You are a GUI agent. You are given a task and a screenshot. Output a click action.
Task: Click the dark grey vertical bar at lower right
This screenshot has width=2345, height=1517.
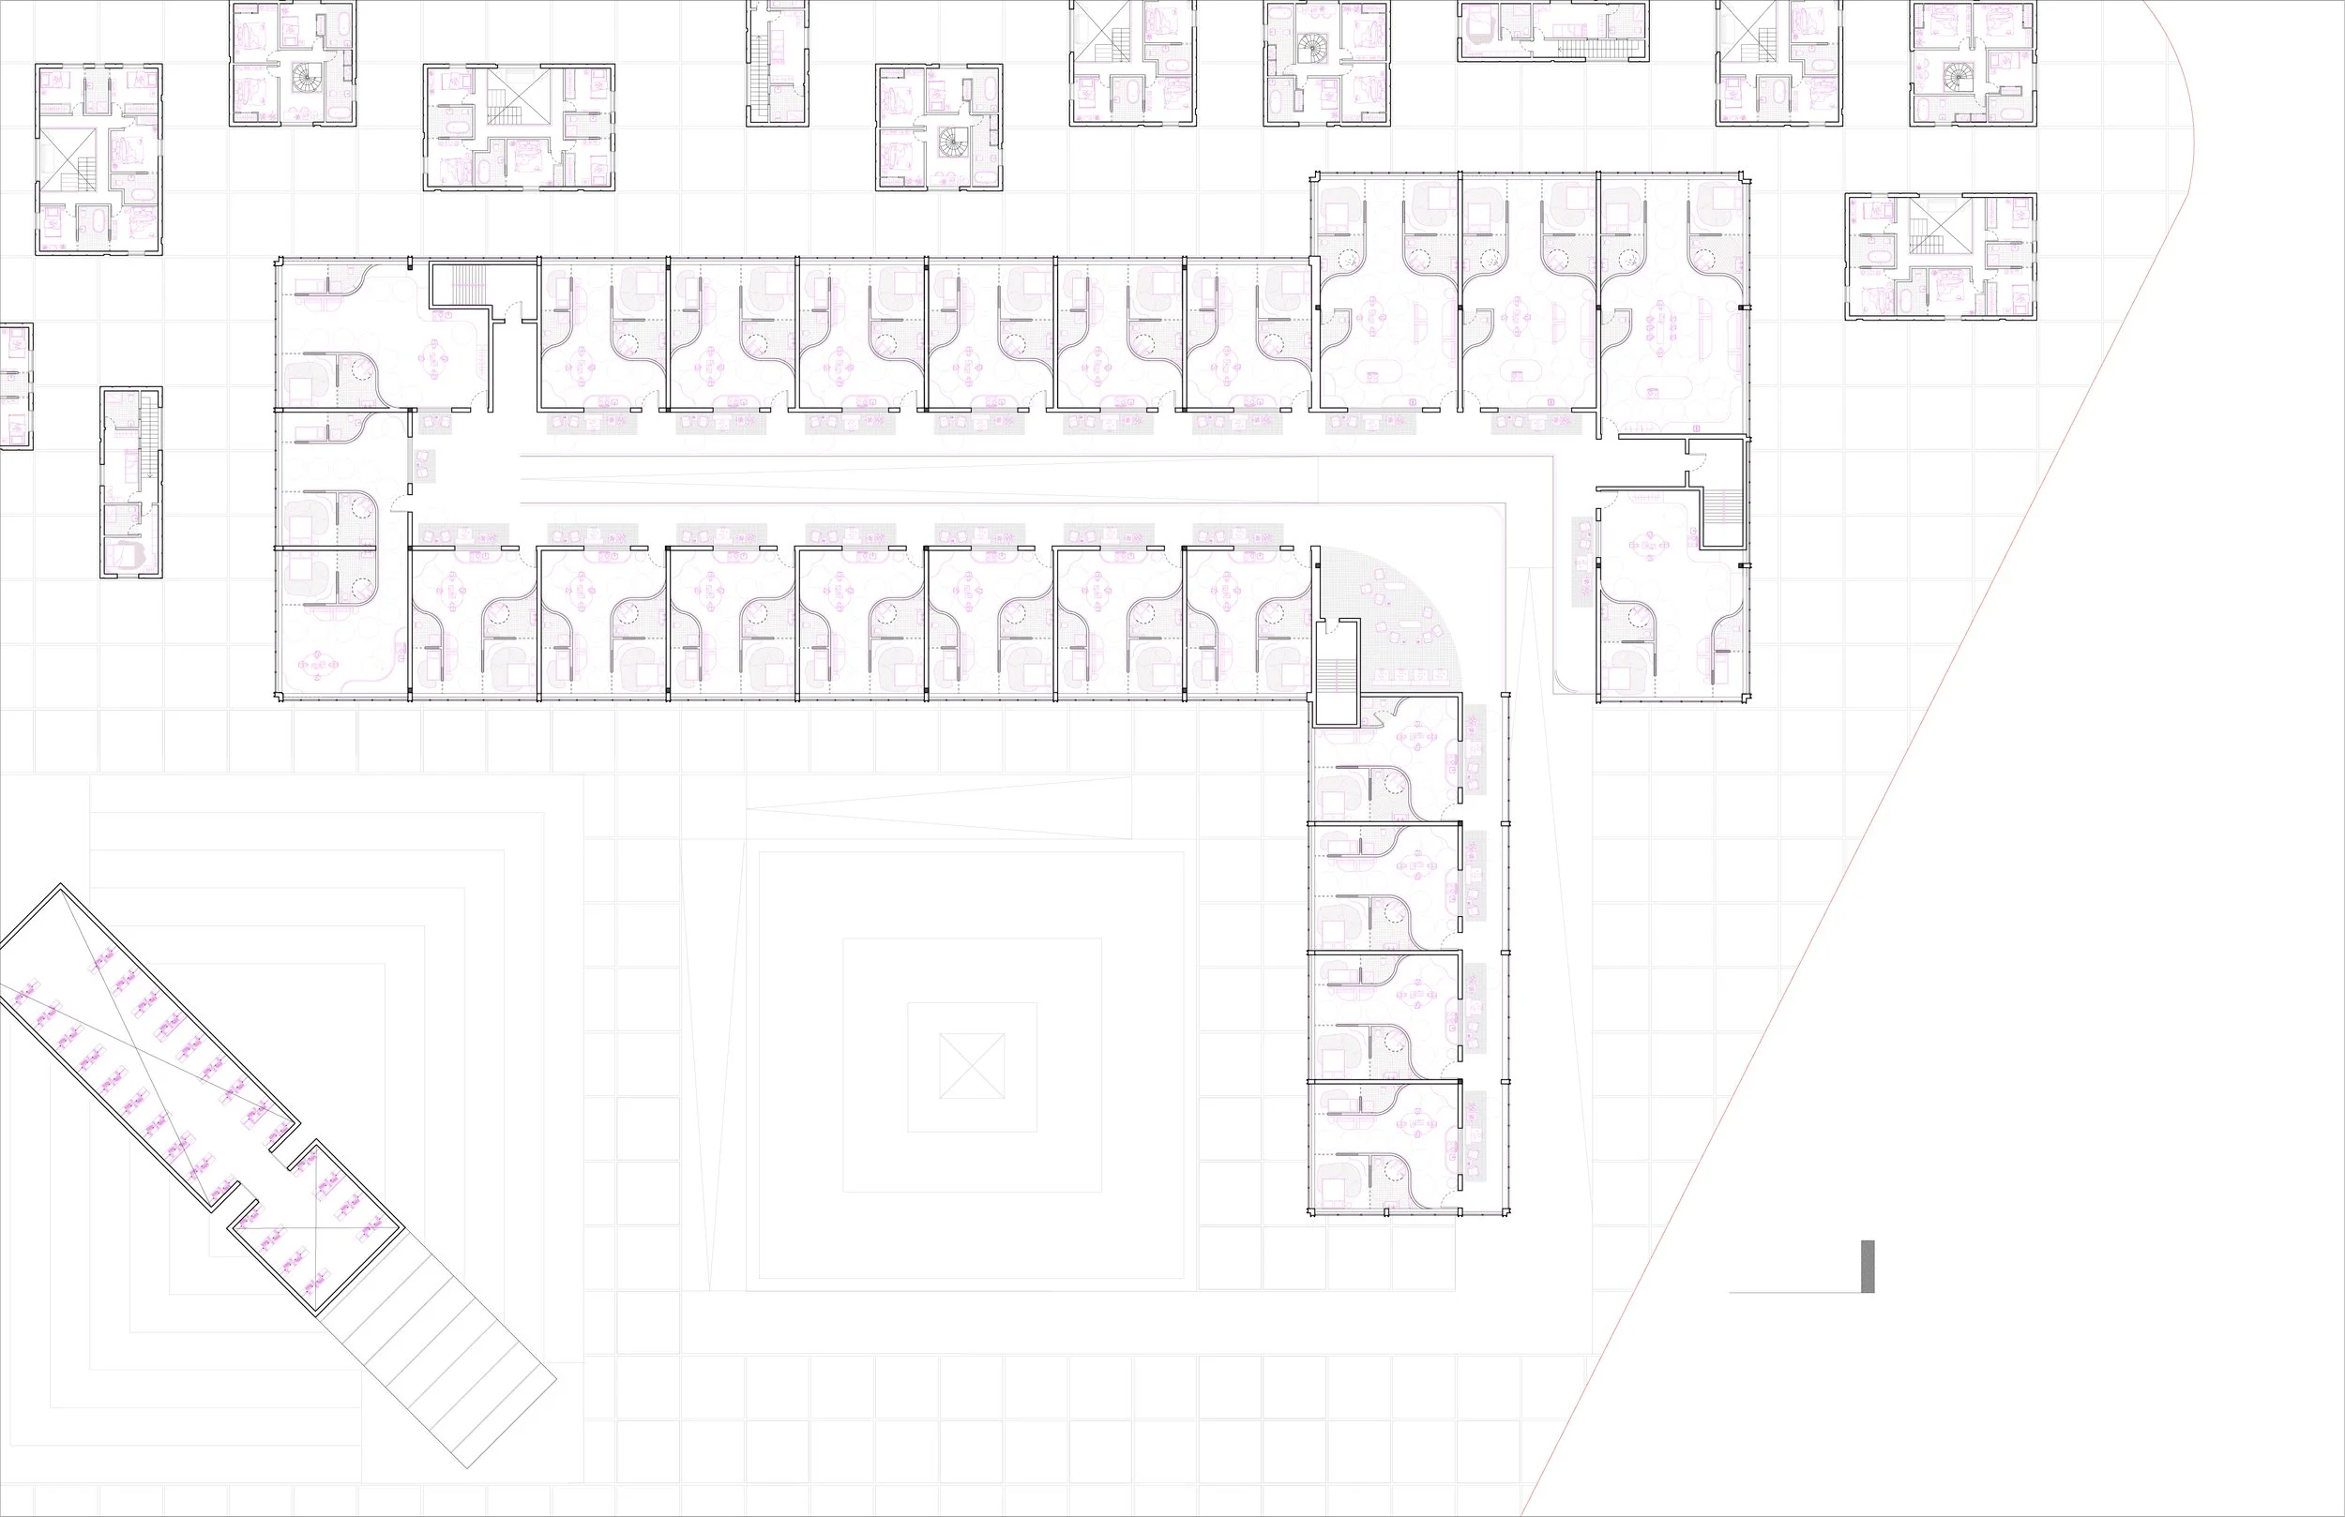[x=1868, y=1266]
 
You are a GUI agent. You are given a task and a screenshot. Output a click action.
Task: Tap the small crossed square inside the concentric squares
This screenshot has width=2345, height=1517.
[x=972, y=1066]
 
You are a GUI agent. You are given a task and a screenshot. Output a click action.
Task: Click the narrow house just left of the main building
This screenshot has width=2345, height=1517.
[x=131, y=482]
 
